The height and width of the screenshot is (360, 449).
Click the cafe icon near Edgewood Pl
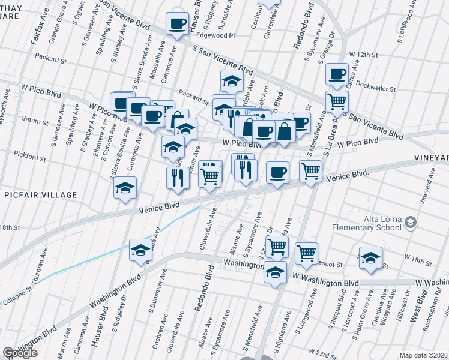(177, 24)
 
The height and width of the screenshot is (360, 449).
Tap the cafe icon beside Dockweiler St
(337, 74)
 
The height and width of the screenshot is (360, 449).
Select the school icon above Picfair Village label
(125, 188)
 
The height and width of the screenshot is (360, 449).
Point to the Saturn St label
(34, 122)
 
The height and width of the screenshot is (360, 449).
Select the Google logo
(20, 353)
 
